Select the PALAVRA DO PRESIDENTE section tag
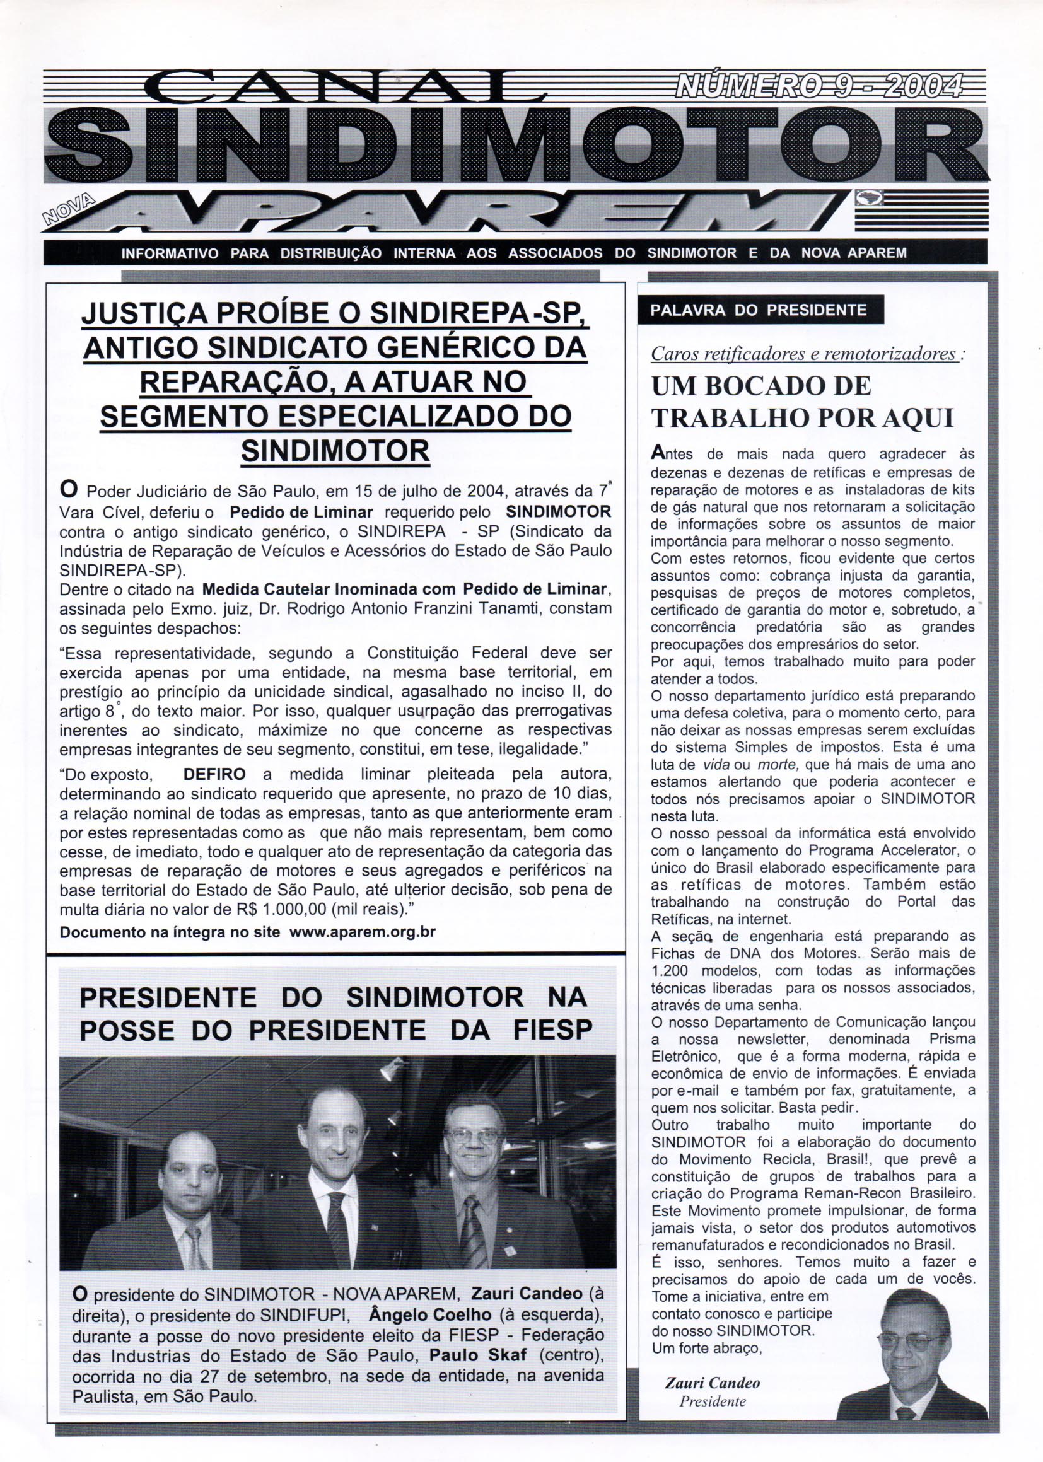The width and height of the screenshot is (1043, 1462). (759, 311)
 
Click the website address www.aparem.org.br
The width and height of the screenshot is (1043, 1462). (363, 932)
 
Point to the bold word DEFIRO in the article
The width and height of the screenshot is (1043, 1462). (214, 774)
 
